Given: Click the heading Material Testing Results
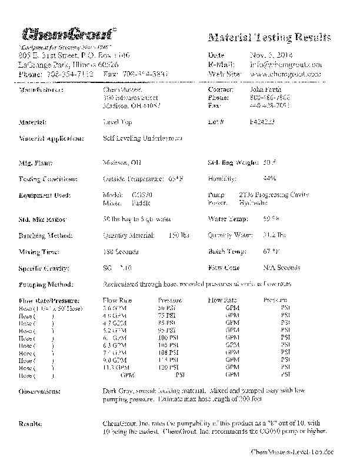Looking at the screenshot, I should click(x=269, y=38).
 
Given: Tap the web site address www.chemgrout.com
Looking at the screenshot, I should click(x=285, y=74).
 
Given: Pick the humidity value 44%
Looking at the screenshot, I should click(x=270, y=179).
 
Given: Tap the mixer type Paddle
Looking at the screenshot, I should click(x=142, y=202).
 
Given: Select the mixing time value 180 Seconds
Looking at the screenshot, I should click(x=121, y=252).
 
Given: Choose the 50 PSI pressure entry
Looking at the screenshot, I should click(x=165, y=308).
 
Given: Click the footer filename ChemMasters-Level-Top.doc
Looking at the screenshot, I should click(x=292, y=451).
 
